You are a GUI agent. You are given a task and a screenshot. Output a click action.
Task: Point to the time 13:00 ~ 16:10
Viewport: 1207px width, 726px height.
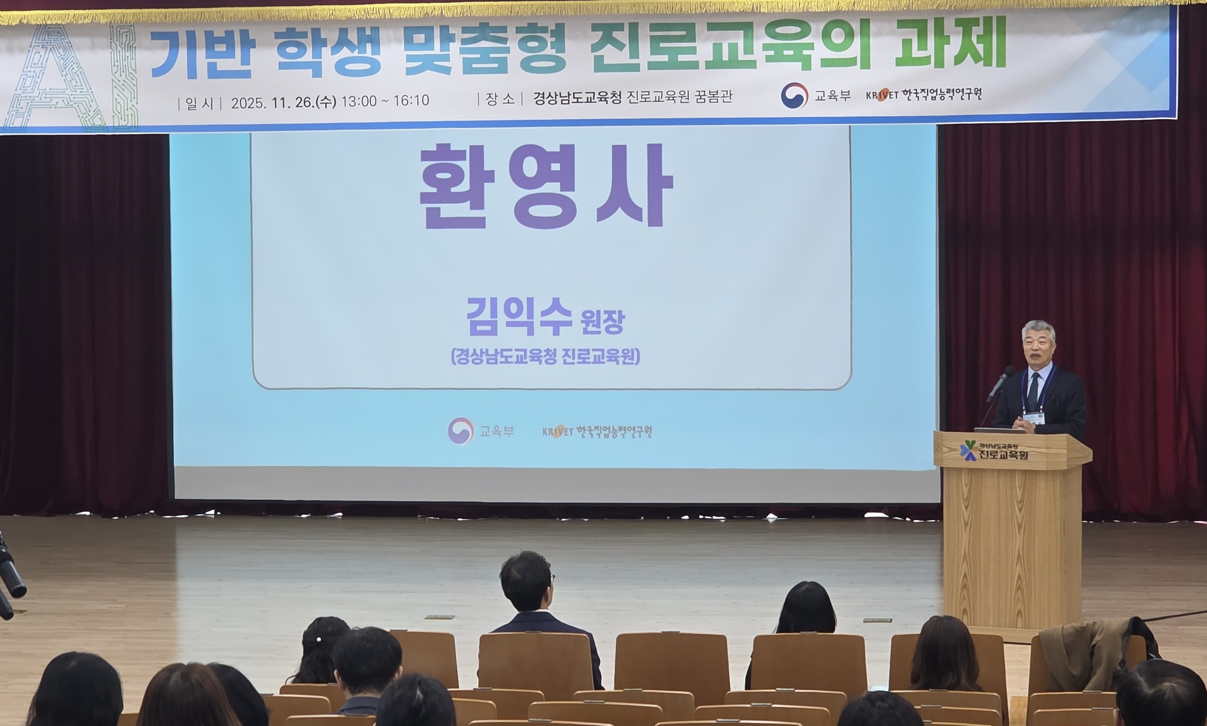385,101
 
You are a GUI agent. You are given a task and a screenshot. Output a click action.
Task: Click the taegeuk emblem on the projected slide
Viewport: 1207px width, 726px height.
461,431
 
